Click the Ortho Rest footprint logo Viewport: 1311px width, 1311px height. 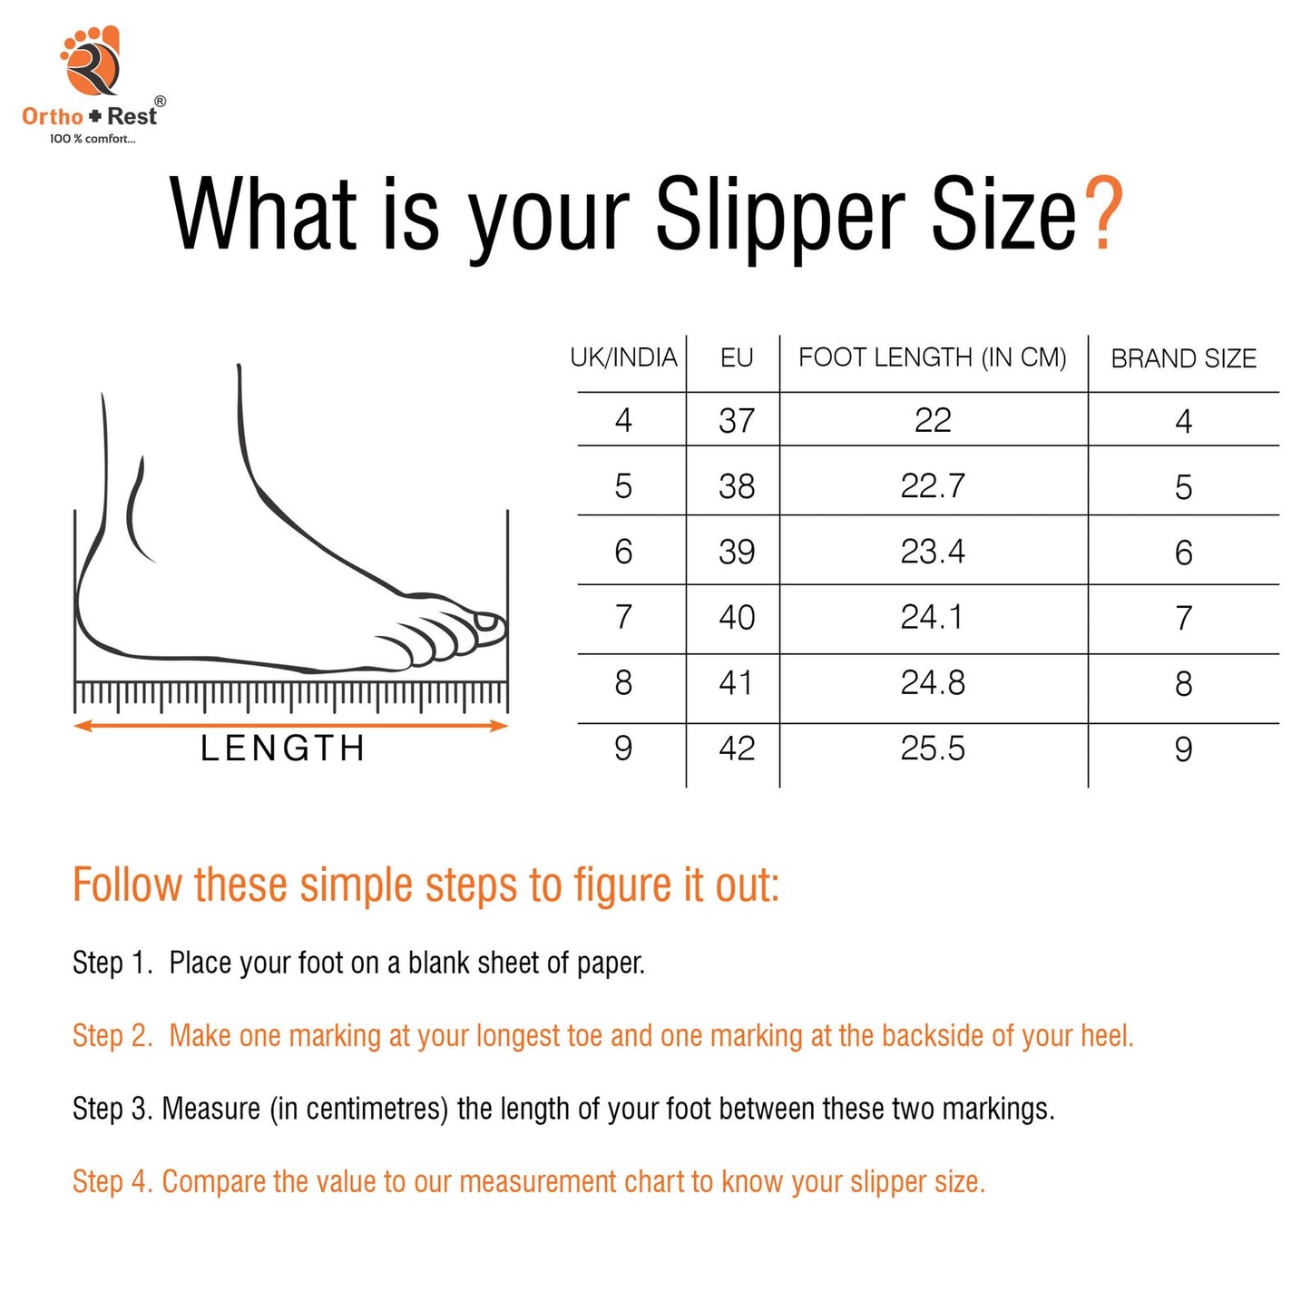pos(91,61)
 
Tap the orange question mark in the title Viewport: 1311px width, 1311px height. pos(1102,213)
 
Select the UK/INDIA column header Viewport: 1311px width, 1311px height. pos(623,357)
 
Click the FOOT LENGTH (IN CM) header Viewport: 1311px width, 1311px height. pos(932,357)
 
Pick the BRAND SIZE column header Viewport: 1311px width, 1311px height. pos(1183,358)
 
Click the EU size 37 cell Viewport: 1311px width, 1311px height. pos(737,420)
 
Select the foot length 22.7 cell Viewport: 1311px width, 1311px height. pos(933,485)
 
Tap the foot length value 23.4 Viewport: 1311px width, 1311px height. pos(933,551)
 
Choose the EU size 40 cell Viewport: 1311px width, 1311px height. pos(737,617)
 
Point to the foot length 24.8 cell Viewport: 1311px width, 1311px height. pos(933,682)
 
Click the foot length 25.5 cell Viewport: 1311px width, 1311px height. pos(933,748)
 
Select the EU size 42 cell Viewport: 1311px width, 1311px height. pos(737,748)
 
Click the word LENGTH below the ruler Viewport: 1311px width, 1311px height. pos(283,748)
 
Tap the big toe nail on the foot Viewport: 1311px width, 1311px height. pos(485,621)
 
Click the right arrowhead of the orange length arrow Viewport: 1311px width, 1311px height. pos(501,725)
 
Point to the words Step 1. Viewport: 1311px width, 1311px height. pos(113,963)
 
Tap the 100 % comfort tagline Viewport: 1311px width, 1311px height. pos(93,139)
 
